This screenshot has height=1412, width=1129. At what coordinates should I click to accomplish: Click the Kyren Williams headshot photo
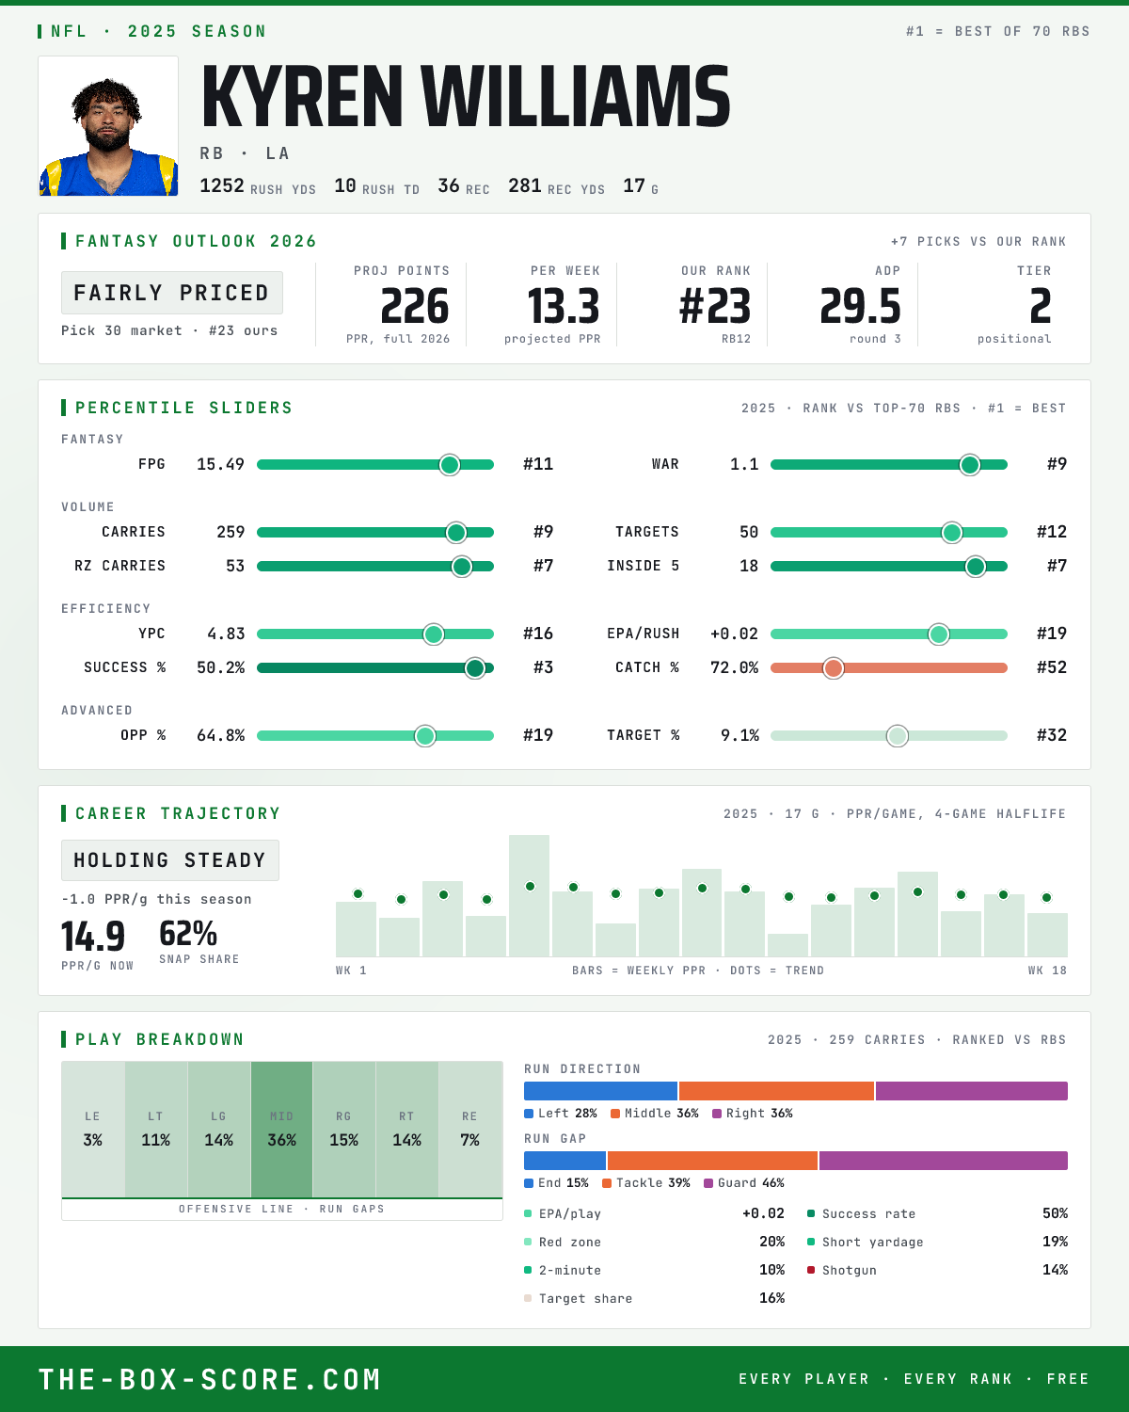[108, 126]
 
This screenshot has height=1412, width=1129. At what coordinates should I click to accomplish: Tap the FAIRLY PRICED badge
[172, 293]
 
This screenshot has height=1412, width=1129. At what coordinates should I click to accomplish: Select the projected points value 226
[415, 307]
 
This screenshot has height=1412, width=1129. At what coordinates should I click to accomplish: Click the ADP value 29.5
[860, 307]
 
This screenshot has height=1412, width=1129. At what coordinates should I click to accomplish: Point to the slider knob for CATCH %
[834, 668]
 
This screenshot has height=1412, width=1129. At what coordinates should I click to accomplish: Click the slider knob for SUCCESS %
[475, 668]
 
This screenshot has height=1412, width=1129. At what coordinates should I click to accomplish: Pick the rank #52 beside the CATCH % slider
[1052, 667]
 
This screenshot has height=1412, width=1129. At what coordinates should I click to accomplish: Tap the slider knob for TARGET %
[898, 735]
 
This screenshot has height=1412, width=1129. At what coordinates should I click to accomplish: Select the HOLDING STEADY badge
[170, 860]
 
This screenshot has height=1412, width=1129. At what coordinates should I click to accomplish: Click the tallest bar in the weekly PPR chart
[529, 895]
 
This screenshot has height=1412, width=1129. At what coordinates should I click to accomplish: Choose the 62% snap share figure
[188, 933]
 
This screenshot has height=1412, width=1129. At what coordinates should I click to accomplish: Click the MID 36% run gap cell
[281, 1130]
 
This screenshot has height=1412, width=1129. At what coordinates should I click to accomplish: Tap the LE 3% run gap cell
[92, 1130]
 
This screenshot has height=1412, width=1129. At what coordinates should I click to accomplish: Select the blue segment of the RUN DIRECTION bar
[600, 1091]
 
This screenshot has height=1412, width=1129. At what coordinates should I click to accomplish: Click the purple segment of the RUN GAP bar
[944, 1161]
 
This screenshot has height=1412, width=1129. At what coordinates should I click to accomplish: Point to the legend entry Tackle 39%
[646, 1183]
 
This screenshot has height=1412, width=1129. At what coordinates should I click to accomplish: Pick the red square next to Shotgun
[811, 1270]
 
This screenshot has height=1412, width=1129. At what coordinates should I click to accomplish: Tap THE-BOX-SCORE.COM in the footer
[210, 1379]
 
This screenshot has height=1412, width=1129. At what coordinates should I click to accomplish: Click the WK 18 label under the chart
[1047, 971]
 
